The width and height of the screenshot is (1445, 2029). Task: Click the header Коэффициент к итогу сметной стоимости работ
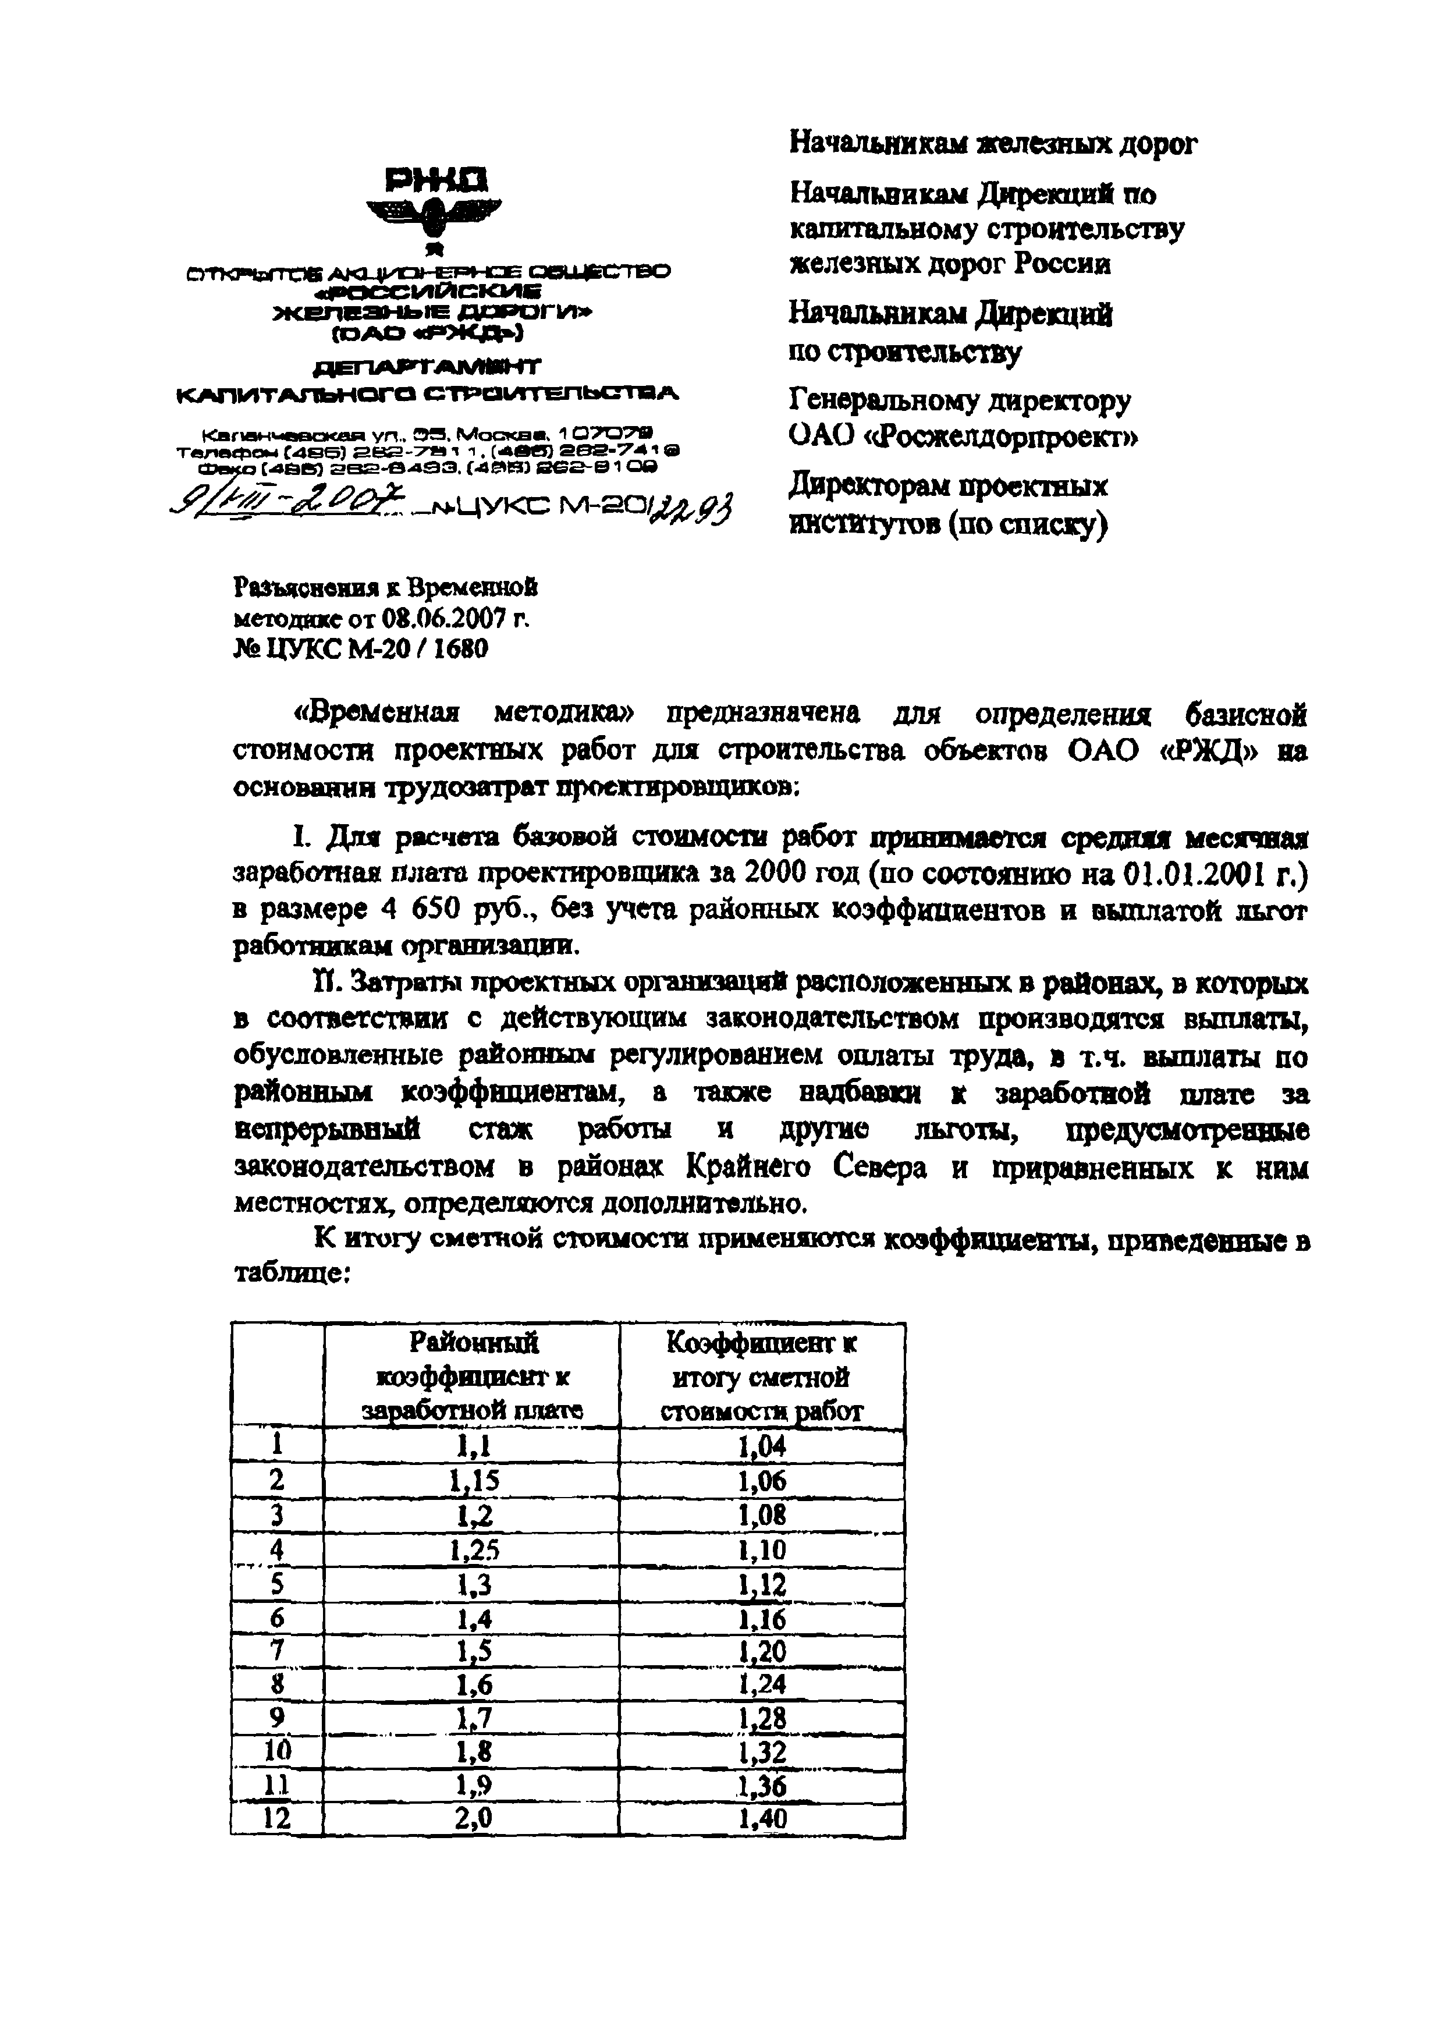click(x=762, y=1376)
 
